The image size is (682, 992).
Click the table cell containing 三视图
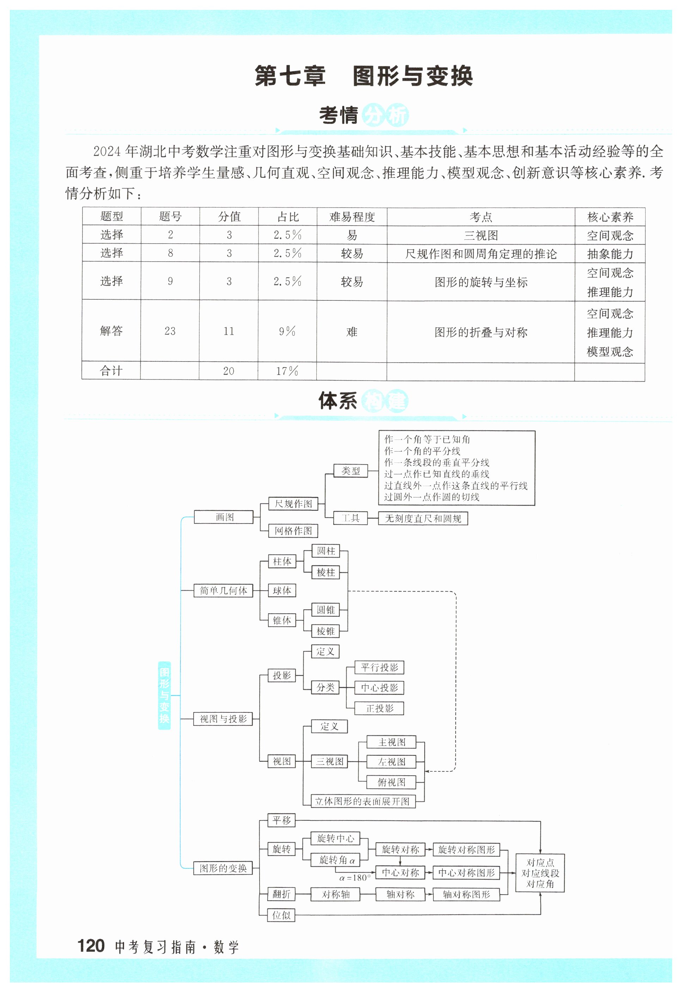tap(481, 235)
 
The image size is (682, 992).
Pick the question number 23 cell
tap(170, 331)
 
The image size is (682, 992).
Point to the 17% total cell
tap(287, 371)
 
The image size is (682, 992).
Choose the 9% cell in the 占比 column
tap(287, 331)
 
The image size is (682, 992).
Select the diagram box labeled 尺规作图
tap(293, 504)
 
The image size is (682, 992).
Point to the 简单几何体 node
tap(224, 591)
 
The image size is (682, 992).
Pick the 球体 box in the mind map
tap(282, 591)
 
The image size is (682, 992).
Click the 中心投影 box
tap(379, 688)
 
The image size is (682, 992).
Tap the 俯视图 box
tap(391, 782)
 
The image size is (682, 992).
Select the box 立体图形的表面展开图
tap(363, 802)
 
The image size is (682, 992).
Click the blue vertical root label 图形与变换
tap(165, 695)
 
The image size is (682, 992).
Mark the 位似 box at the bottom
tap(281, 915)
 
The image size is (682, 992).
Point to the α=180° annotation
tap(355, 878)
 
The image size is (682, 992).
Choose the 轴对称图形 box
tap(466, 895)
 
